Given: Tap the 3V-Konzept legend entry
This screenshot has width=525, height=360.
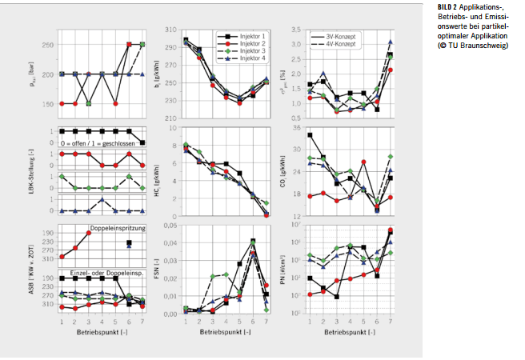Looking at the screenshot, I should pos(340,37).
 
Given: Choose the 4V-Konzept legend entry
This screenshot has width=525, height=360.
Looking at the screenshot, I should pos(340,45).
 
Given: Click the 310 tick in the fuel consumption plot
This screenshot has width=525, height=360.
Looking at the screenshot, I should pos(170,30).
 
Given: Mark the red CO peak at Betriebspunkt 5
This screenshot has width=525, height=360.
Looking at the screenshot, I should pos(363,162).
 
